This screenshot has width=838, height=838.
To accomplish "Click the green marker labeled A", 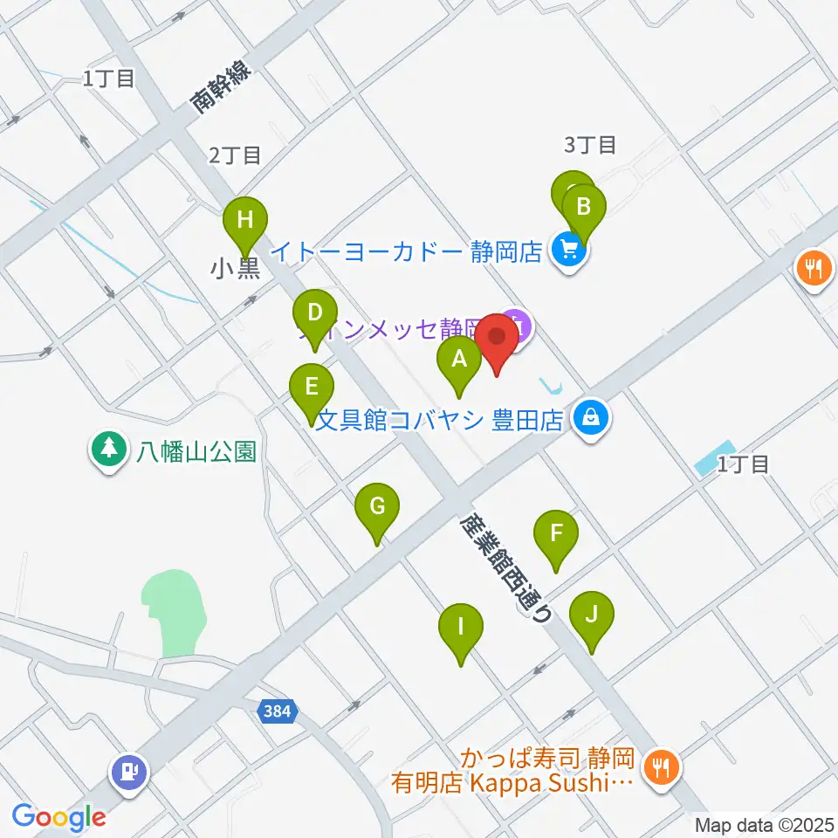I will pos(457,358).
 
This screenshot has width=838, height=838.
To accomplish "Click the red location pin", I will pos(498,338).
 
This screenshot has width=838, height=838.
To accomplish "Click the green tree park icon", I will pos(108,449).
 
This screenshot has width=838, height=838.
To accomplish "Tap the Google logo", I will pos(58,817).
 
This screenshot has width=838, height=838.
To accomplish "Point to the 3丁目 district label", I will pos(591,143).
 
